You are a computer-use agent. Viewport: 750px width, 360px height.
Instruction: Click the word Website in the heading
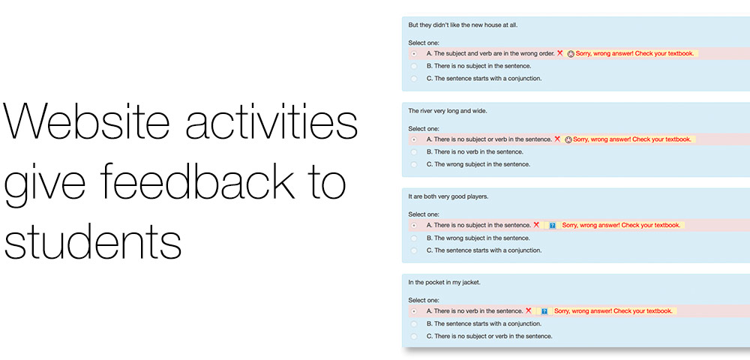coord(86,121)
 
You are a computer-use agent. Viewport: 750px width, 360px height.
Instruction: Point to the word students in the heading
coord(93,241)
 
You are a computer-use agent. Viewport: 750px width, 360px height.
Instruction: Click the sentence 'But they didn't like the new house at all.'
coord(463,25)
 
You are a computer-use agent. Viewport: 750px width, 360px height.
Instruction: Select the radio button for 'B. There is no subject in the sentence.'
coord(414,66)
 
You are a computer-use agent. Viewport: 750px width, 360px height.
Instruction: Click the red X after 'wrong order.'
coord(559,53)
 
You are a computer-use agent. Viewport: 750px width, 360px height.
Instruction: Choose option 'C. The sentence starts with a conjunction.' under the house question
coord(484,79)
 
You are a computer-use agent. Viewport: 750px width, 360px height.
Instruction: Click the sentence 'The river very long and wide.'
coord(448,111)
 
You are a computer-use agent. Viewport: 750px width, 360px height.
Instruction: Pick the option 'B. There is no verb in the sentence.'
coord(475,152)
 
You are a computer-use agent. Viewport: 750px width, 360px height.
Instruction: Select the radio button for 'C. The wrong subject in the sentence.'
coord(414,164)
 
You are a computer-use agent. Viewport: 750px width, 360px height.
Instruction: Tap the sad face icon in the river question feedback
coord(568,139)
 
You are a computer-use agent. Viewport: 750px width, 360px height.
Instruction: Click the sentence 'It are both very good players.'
coord(448,196)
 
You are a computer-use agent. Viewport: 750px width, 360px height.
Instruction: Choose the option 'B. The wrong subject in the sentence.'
coord(478,238)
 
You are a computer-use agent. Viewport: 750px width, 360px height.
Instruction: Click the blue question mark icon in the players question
coord(553,225)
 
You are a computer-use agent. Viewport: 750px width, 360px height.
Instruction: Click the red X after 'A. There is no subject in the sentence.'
coord(536,225)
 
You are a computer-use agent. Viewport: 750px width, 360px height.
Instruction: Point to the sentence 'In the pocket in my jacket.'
coord(444,283)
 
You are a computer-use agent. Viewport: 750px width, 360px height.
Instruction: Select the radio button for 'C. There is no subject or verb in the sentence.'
coord(414,336)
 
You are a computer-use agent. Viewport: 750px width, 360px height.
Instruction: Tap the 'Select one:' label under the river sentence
coord(424,128)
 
